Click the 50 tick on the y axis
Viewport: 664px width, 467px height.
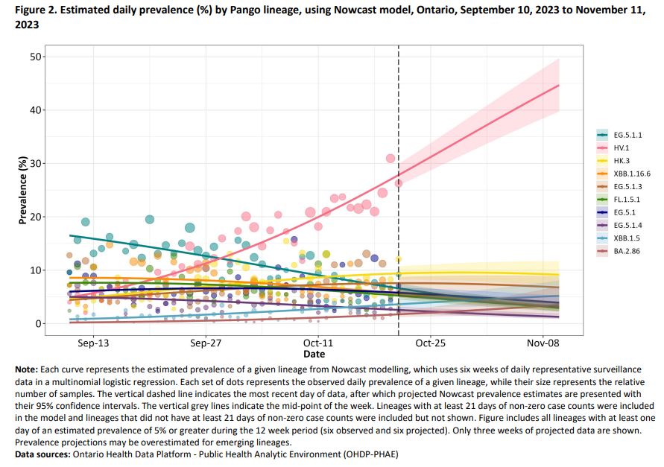[34, 57]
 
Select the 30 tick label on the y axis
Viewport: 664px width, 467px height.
[34, 164]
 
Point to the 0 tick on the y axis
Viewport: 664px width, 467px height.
[37, 324]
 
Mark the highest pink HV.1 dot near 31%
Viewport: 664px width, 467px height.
[391, 158]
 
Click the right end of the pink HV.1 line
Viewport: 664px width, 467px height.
[558, 86]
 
